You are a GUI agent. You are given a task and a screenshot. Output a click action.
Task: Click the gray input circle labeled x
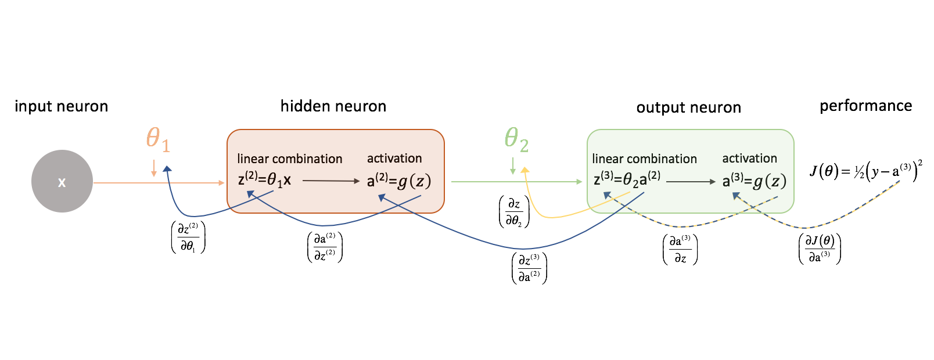62,181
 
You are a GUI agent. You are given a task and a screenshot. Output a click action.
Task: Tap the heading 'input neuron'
61,106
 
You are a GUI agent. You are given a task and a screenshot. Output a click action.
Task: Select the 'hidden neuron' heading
333,106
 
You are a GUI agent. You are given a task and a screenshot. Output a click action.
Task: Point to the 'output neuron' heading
688,107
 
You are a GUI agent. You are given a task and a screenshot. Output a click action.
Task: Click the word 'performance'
865,106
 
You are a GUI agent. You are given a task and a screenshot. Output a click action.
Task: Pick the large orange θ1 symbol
157,139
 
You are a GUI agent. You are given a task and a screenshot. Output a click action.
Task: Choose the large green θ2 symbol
516,139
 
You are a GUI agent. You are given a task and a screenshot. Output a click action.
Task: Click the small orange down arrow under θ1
154,168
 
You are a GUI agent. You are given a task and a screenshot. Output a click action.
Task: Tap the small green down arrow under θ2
513,167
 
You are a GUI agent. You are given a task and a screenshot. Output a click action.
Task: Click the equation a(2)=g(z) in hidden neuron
399,181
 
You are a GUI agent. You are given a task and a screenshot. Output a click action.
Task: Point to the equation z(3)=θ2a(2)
626,179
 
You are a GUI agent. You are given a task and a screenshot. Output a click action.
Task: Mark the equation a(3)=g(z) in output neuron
754,181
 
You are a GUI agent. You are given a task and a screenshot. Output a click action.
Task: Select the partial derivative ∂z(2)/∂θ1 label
188,237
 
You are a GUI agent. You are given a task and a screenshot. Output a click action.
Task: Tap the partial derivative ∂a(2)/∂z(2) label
325,247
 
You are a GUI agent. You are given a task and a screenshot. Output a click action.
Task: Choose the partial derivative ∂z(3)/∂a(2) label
529,268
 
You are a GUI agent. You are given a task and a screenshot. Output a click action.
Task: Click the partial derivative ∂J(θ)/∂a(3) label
820,249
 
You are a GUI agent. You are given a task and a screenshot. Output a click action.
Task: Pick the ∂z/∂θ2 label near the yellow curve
514,212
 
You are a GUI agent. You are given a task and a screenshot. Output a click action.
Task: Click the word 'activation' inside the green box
749,159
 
